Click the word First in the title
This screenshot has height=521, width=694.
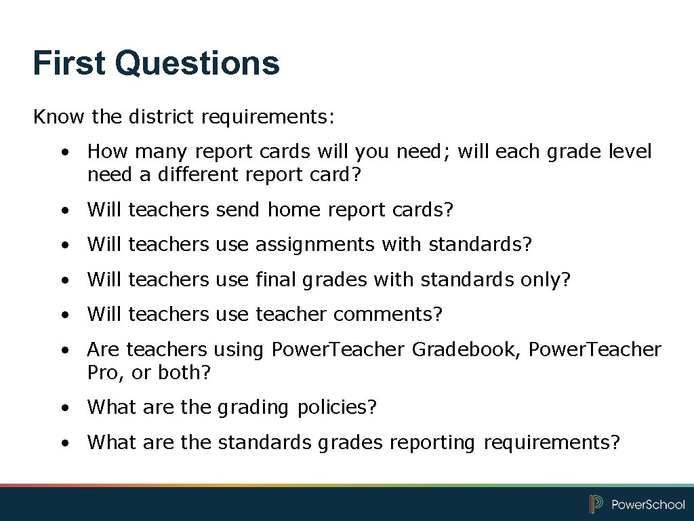click(x=70, y=63)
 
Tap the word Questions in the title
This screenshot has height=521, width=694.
click(x=197, y=63)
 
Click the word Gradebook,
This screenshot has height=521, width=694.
click(x=467, y=349)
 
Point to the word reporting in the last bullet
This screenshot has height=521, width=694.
click(x=432, y=442)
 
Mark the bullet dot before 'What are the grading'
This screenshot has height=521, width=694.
click(x=63, y=408)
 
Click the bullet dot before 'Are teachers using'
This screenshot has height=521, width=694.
click(x=63, y=350)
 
